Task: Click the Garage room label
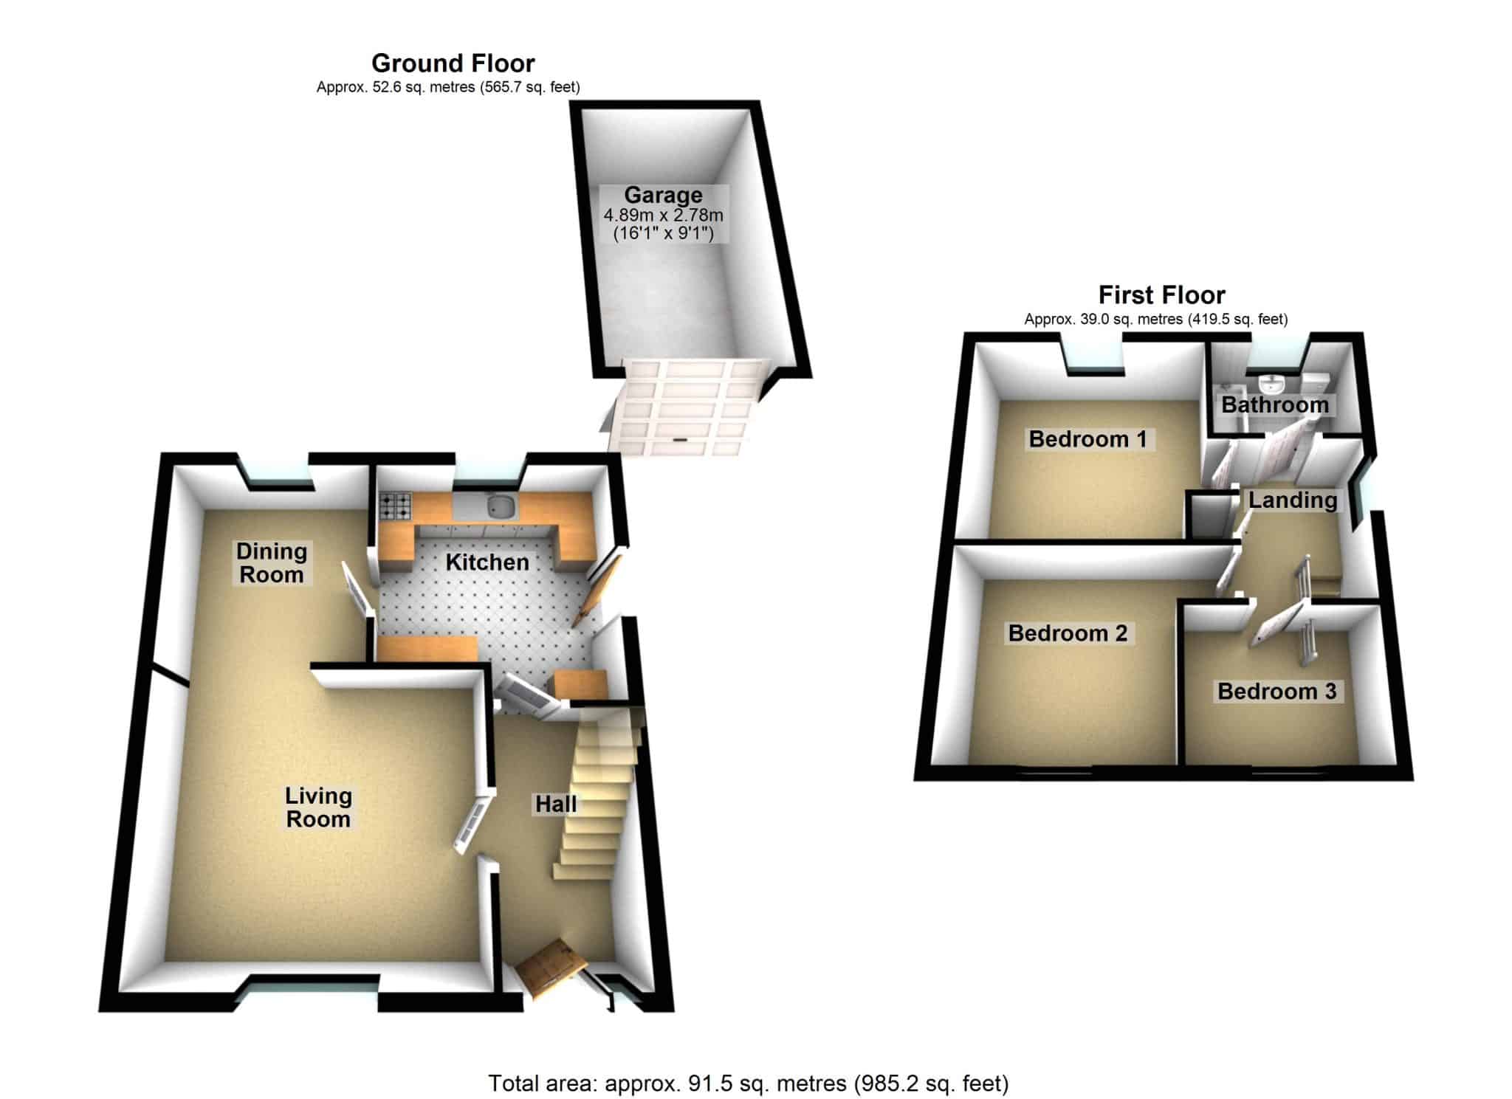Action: click(663, 195)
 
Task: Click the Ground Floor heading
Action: click(453, 63)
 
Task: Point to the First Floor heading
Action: click(1161, 295)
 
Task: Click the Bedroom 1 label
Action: click(1087, 439)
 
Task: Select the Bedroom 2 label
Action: click(1068, 633)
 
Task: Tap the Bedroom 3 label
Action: click(1276, 692)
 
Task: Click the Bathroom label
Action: click(1274, 404)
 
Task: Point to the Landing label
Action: click(1293, 500)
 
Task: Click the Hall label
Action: click(556, 804)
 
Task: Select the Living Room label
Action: click(318, 807)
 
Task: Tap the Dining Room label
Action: click(272, 562)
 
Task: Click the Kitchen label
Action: click(487, 562)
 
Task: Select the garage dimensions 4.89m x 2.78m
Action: click(663, 216)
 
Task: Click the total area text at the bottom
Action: click(748, 1084)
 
